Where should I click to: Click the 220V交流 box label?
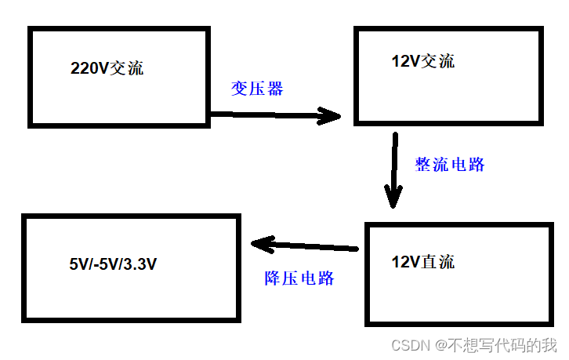(x=107, y=68)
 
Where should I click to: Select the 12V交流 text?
(x=422, y=61)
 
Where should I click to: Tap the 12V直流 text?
(x=422, y=262)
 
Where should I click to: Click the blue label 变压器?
(x=257, y=89)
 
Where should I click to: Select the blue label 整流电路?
(x=450, y=164)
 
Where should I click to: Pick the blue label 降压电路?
(x=299, y=278)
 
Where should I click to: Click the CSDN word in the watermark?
(x=407, y=345)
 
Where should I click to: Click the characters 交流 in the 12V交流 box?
(x=439, y=61)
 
